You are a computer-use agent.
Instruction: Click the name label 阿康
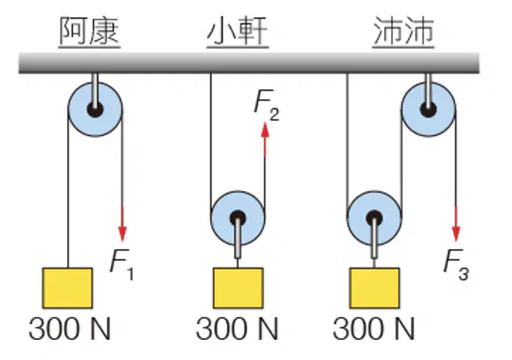point(89,32)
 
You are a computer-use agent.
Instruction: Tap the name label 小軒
point(237,32)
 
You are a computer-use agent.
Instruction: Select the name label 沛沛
point(403,32)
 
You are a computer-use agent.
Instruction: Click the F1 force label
point(122,265)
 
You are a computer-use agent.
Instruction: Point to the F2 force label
point(267,105)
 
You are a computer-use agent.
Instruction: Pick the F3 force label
point(456,265)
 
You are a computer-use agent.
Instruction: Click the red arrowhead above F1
point(122,233)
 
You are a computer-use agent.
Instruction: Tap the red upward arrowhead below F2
point(265,131)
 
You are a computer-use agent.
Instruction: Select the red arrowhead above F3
point(456,233)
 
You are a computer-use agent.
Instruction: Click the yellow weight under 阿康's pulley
point(67,288)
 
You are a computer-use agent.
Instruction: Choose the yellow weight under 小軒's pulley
point(238,288)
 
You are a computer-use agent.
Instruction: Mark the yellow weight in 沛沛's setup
point(374,288)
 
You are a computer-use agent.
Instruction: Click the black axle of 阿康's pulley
point(95,109)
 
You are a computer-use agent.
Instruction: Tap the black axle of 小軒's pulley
point(237,218)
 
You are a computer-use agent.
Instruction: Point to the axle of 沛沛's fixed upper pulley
point(428,109)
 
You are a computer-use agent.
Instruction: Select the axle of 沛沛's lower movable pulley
point(374,218)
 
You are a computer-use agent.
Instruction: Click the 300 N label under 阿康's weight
point(70,328)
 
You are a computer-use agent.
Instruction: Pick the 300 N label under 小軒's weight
point(237,328)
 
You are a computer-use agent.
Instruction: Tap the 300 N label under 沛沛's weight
point(373,328)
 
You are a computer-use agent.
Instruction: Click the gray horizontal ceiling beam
point(249,62)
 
